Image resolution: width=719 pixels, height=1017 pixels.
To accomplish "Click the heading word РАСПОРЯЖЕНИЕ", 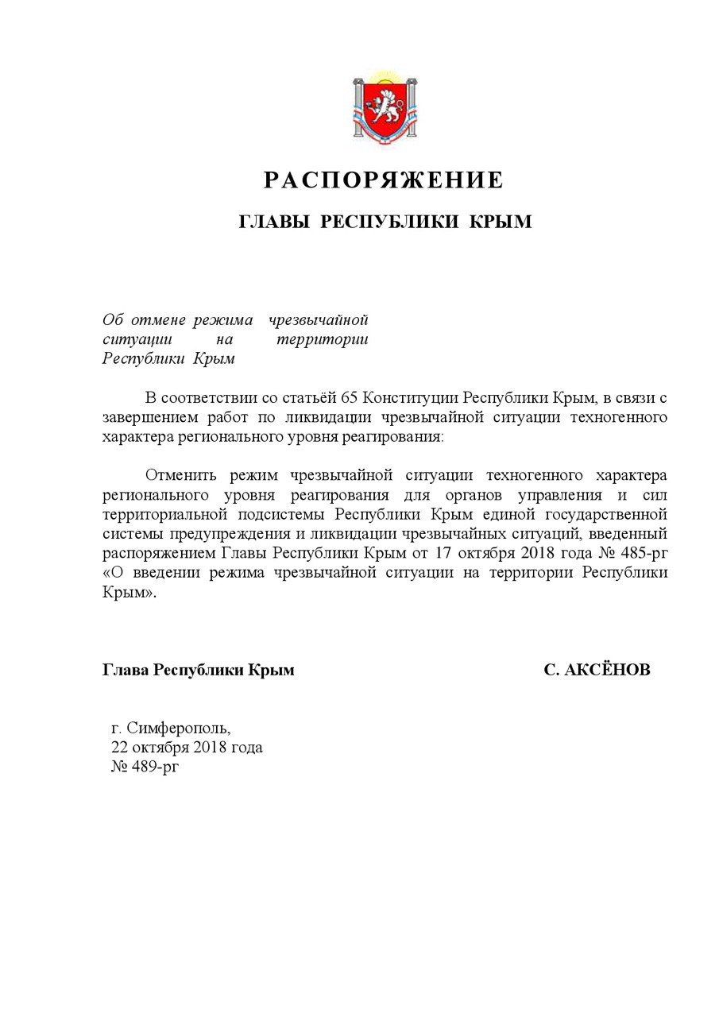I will click(x=384, y=180).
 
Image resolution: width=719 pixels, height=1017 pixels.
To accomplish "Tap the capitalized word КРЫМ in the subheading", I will click(x=501, y=222).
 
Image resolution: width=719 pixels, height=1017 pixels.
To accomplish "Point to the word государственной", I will click(x=605, y=513).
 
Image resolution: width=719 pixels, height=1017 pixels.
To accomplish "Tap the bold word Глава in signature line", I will click(x=126, y=671).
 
